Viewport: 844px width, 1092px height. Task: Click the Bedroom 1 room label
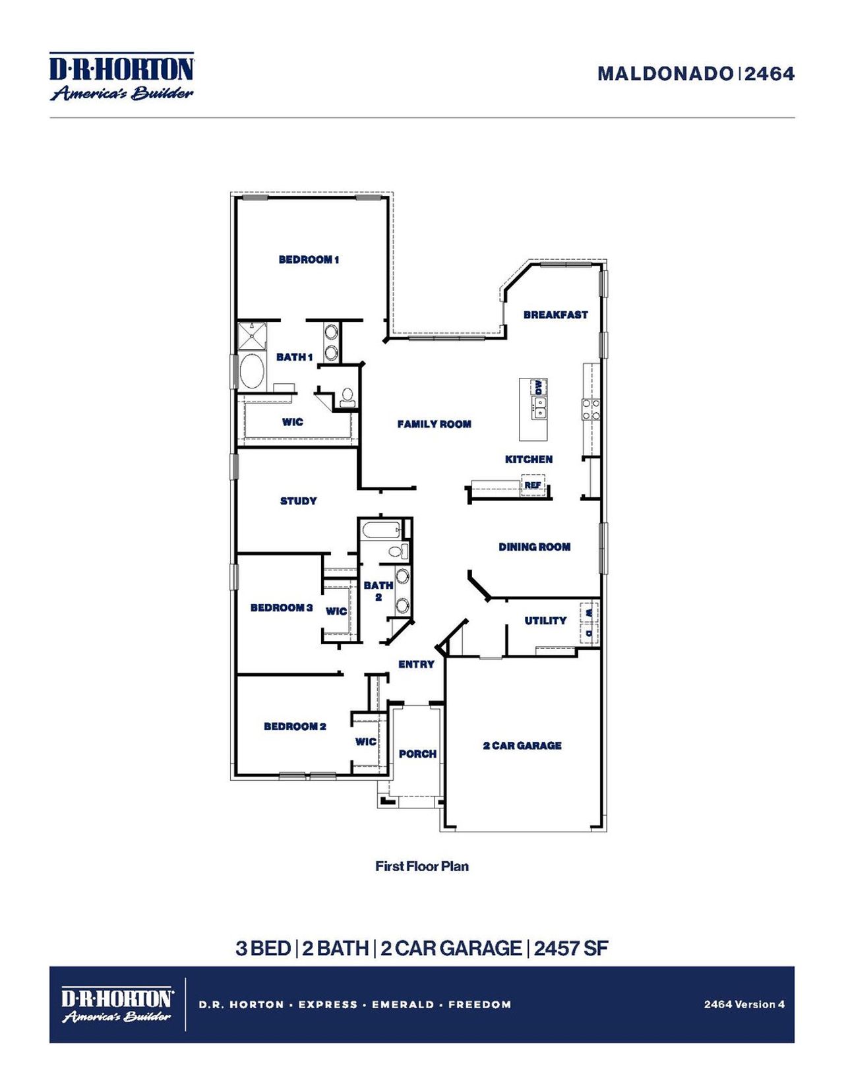coord(309,260)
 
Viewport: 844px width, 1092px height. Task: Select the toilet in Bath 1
coord(347,397)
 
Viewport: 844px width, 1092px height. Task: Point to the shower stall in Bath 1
coord(252,335)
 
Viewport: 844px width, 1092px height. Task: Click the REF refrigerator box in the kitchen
coord(533,485)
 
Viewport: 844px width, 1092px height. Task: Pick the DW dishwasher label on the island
coord(539,386)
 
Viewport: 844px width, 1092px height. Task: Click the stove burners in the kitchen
coord(591,409)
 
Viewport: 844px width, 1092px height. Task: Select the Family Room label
coord(434,424)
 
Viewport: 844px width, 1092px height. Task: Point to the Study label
coord(298,501)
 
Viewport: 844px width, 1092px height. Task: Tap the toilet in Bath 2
coord(398,551)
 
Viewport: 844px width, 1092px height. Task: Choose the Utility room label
coord(545,621)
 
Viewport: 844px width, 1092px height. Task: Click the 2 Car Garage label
coord(522,746)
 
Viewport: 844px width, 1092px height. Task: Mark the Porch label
coord(417,754)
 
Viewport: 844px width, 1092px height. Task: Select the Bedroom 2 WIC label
coord(366,742)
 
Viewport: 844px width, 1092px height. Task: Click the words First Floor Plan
coord(422,866)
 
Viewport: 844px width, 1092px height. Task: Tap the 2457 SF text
coord(571,948)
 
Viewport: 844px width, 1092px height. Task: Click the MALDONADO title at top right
coord(665,74)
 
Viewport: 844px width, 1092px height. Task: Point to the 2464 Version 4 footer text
coord(744,1004)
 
